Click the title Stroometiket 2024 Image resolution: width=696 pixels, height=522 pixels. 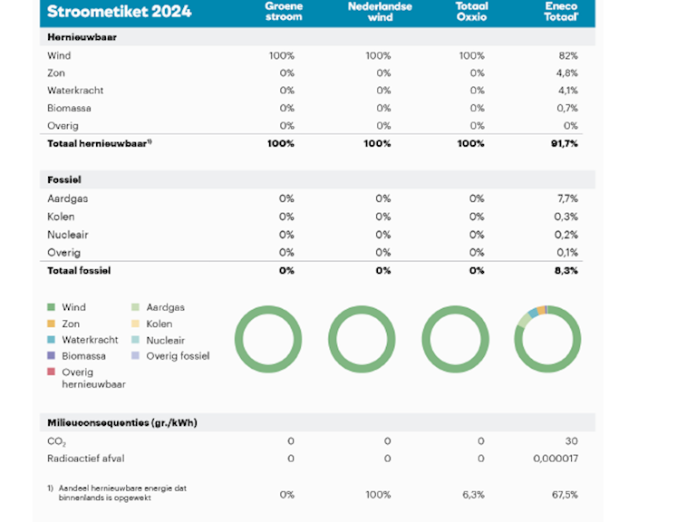pos(119,12)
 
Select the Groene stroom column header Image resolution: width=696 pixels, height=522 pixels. pos(283,11)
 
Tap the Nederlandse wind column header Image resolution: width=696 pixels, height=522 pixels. pos(380,11)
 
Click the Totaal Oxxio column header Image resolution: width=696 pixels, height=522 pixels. pos(471,11)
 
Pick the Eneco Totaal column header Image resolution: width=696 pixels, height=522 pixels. pos(561,11)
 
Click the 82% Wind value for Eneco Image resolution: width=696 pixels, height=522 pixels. pos(568,56)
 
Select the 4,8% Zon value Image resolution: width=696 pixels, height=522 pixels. pos(566,73)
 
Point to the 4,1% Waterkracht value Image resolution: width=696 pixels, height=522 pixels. pos(567,91)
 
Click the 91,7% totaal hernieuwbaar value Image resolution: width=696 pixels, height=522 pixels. pos(564,143)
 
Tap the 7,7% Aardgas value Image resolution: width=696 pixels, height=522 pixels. pos(567,198)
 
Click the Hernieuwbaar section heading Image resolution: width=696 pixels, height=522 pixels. pos(81,38)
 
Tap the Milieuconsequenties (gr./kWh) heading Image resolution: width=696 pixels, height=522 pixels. pos(122,423)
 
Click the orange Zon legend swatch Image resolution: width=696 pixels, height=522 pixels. pos(52,324)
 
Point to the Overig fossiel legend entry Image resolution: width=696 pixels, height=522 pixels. pos(178,356)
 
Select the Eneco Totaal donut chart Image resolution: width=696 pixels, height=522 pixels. pos(547,340)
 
